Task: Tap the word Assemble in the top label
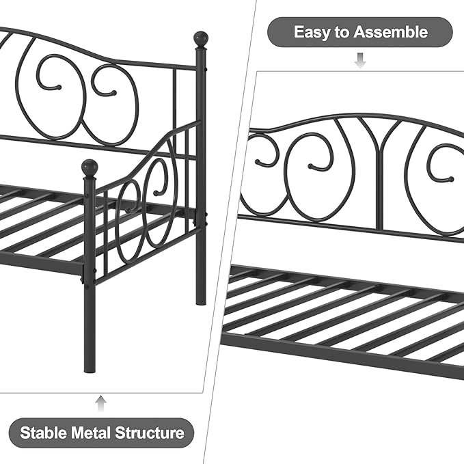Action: tap(391, 31)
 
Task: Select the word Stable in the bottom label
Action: tap(44, 433)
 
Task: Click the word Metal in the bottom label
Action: tap(91, 433)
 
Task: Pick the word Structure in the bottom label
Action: tap(150, 433)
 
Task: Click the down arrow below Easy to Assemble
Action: tap(360, 60)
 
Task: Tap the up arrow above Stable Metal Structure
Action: tap(101, 403)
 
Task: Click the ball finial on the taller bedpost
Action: tap(201, 38)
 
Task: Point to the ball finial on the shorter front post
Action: tap(90, 168)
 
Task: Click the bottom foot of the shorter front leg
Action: tap(90, 369)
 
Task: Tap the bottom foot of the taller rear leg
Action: tap(201, 302)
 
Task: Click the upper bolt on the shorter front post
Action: tap(86, 195)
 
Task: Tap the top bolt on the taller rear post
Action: tap(206, 69)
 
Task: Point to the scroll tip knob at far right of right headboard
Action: tap(451, 179)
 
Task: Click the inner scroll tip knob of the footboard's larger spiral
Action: tap(156, 193)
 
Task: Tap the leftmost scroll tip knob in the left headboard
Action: tap(59, 87)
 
